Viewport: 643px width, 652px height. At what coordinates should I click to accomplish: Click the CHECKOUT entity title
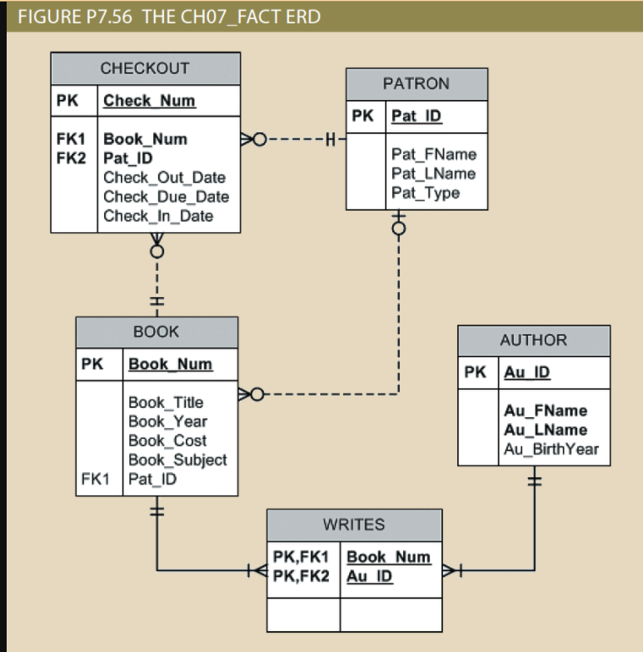145,68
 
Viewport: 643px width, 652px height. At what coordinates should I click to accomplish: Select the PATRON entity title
416,84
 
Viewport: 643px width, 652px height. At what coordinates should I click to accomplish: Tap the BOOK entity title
156,331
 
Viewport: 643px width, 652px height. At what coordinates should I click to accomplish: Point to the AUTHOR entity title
533,340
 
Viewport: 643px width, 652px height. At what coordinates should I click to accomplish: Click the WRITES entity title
354,525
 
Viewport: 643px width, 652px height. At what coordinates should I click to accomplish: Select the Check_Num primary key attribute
149,102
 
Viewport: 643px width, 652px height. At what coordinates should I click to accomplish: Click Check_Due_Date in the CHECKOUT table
166,197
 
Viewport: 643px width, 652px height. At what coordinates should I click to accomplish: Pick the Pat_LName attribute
433,173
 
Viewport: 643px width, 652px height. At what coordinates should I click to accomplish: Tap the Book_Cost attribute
167,440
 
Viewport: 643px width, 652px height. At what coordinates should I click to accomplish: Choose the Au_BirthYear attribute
551,450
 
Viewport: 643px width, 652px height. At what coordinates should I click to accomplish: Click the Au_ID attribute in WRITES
369,576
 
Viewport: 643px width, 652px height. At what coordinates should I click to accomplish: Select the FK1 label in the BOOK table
94,480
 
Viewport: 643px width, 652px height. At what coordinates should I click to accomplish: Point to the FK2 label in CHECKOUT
69,158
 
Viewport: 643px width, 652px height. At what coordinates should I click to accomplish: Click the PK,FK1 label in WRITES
302,557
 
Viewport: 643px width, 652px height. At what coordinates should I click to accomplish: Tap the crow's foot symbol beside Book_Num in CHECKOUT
247,138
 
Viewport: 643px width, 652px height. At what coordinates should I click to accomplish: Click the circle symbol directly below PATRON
399,228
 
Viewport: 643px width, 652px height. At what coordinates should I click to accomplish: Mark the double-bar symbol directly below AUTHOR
534,480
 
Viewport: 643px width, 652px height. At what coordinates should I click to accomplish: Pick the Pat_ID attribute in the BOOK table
152,480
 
